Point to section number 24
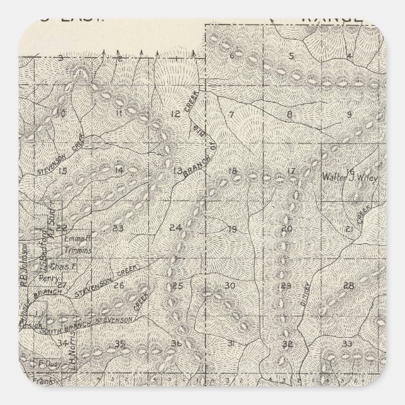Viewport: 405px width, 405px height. (x=175, y=227)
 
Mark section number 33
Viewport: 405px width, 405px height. (x=347, y=343)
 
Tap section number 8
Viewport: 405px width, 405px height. (x=290, y=114)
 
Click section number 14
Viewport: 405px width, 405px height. (x=119, y=170)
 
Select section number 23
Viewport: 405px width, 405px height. (x=118, y=228)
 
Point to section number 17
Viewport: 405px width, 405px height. (x=291, y=172)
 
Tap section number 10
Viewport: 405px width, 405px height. (x=61, y=114)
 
